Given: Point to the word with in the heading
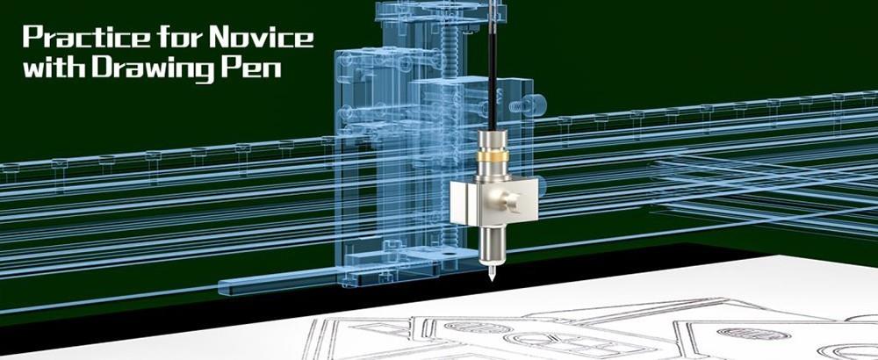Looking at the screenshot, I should pyautogui.click(x=50, y=68).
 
